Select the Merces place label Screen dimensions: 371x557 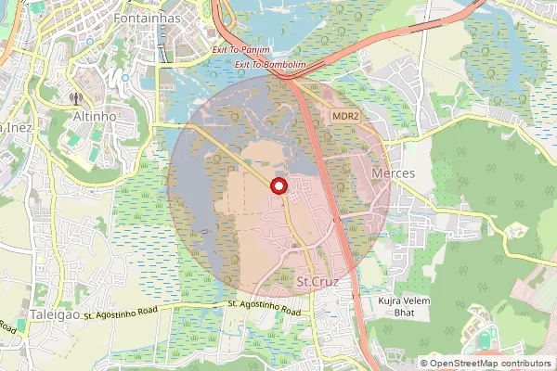pyautogui.click(x=393, y=173)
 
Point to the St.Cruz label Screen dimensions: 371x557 pyautogui.click(x=315, y=280)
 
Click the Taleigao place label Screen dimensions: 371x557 pyautogui.click(x=51, y=315)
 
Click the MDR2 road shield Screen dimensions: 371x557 pyautogui.click(x=345, y=115)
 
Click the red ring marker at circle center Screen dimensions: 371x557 pyautogui.click(x=278, y=186)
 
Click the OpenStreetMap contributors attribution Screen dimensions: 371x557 pyautogui.click(x=486, y=364)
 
